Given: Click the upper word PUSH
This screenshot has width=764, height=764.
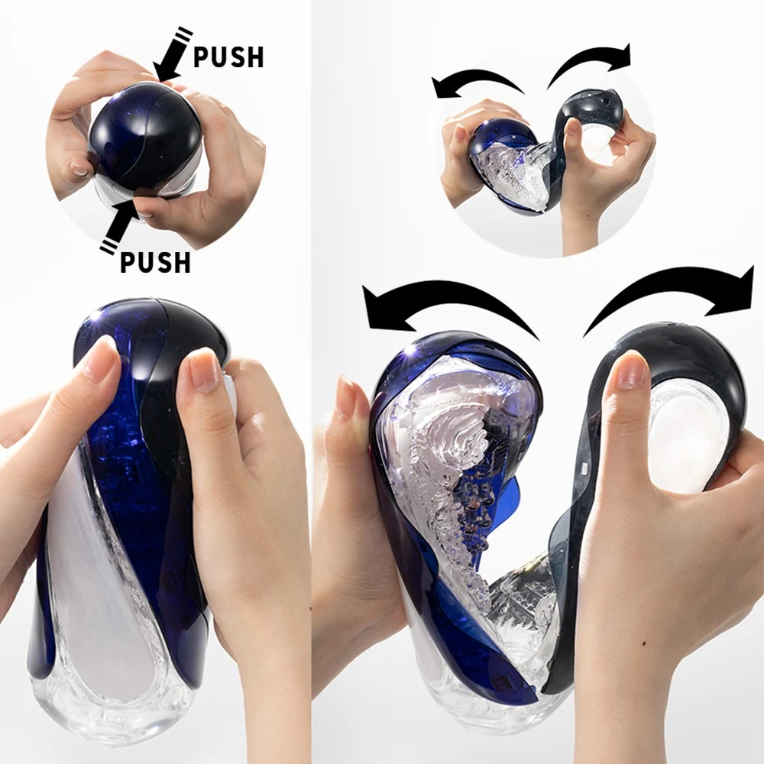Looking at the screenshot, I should click(x=228, y=57).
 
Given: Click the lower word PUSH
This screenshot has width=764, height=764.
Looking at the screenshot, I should click(x=155, y=262).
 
